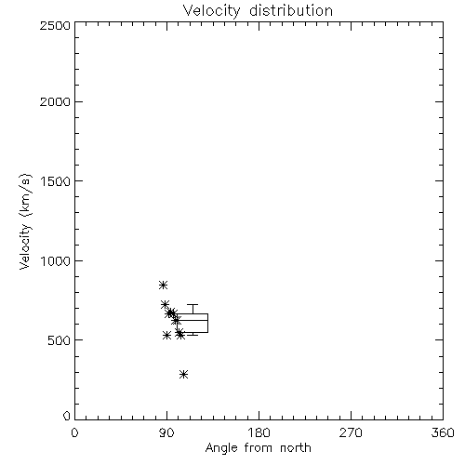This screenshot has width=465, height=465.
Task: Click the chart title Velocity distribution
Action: pyautogui.click(x=258, y=10)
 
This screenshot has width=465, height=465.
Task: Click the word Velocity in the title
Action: pyautogui.click(x=211, y=11)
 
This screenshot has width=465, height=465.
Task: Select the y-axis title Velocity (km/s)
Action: pyautogui.click(x=25, y=221)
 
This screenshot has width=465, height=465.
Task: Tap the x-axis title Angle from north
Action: pyautogui.click(x=258, y=447)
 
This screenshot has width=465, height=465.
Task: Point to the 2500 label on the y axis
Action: pyautogui.click(x=55, y=25)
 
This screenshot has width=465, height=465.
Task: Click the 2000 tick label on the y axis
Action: pyautogui.click(x=55, y=101)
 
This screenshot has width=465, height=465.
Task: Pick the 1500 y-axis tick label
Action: pyautogui.click(x=56, y=181)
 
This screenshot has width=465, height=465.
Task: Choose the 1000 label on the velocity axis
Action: pyautogui.click(x=56, y=261)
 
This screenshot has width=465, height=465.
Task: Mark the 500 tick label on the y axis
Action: pyautogui.click(x=60, y=340)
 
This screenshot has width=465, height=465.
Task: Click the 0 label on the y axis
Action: pyautogui.click(x=67, y=416)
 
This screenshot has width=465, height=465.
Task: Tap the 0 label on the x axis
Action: pyautogui.click(x=74, y=432)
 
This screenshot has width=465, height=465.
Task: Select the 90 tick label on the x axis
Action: pyautogui.click(x=166, y=432)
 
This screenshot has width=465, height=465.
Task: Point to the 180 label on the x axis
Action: pyautogui.click(x=259, y=432)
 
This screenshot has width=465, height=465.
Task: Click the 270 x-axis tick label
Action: pyautogui.click(x=351, y=432)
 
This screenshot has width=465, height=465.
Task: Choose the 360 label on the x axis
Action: pyautogui.click(x=443, y=432)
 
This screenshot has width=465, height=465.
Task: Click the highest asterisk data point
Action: pyautogui.click(x=164, y=285)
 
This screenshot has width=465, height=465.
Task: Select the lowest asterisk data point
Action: pyautogui.click(x=184, y=374)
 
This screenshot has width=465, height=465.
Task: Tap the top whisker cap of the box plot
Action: pyautogui.click(x=193, y=305)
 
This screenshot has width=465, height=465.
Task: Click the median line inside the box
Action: pyautogui.click(x=193, y=320)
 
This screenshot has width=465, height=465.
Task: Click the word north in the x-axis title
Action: pyautogui.click(x=296, y=447)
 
